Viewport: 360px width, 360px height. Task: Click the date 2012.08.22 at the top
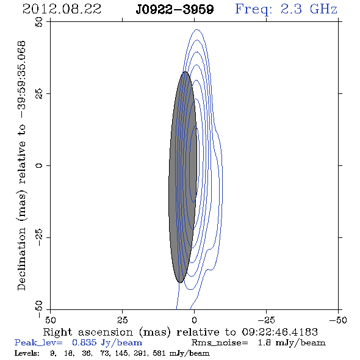coord(62,9)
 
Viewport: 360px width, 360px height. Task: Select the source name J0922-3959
coord(175,10)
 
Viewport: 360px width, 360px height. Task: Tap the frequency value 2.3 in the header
coord(291,9)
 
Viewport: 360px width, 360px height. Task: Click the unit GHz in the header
coord(324,9)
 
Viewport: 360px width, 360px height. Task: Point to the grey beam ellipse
coord(183,177)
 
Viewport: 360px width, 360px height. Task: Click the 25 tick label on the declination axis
coord(39,94)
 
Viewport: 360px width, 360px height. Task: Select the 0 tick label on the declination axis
coord(39,165)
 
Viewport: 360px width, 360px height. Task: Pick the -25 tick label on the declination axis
coord(39,237)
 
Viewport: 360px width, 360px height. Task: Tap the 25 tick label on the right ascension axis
coord(122,320)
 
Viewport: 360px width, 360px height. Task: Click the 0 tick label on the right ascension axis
coord(194,320)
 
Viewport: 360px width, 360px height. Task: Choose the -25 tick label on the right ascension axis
coord(266,320)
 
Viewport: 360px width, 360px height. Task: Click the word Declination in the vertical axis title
coord(21,259)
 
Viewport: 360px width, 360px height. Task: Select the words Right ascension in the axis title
coord(88,332)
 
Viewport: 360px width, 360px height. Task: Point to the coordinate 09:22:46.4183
coord(279,332)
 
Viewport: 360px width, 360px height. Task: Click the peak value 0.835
coord(84,342)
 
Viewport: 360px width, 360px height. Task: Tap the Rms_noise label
coord(220,343)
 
